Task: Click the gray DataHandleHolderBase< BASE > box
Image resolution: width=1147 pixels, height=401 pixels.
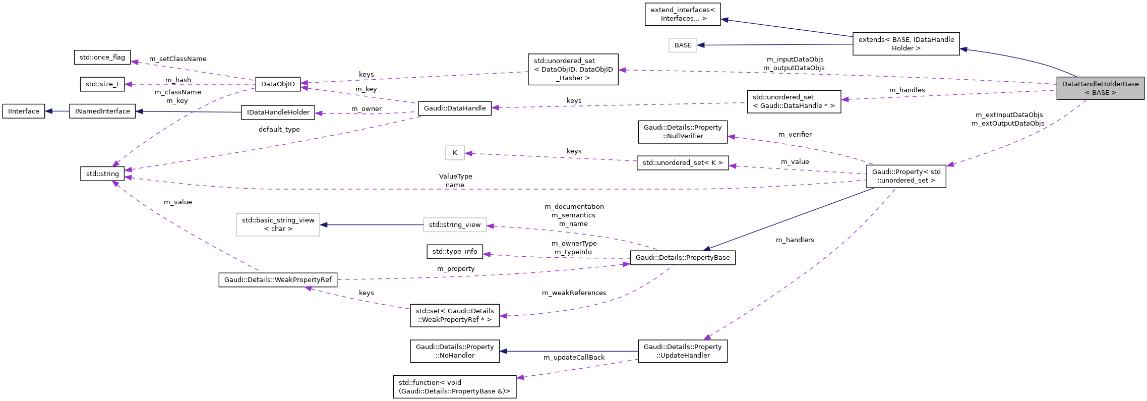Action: click(x=1100, y=88)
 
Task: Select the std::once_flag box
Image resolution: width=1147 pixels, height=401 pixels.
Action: click(x=102, y=58)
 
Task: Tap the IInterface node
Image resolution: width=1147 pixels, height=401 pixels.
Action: click(x=23, y=111)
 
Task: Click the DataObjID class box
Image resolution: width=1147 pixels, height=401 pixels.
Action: click(x=278, y=84)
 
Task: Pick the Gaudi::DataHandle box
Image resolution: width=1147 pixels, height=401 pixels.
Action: click(x=454, y=108)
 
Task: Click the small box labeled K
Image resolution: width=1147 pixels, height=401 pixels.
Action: click(x=454, y=153)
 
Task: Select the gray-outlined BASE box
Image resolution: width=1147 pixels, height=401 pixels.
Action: click(x=683, y=45)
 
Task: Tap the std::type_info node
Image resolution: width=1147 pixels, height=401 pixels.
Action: click(x=454, y=251)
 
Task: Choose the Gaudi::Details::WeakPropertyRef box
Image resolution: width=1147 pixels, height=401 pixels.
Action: click(x=278, y=280)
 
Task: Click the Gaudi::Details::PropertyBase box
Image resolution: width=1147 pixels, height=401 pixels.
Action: click(x=682, y=258)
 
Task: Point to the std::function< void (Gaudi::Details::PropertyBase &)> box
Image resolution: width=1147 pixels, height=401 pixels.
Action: click(x=454, y=387)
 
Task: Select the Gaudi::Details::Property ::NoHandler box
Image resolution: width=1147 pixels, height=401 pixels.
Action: click(x=454, y=351)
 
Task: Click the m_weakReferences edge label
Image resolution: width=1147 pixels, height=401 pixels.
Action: click(x=574, y=293)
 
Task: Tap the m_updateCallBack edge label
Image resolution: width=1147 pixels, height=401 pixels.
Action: click(x=574, y=358)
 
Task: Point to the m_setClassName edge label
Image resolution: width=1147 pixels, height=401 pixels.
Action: click(x=177, y=59)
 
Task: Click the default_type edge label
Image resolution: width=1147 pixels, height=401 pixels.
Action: click(x=279, y=130)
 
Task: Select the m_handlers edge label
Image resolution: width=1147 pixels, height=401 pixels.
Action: click(x=795, y=240)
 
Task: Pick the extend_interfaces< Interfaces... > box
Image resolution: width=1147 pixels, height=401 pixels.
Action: click(x=682, y=14)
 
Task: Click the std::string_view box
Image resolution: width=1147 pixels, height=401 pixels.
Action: click(x=454, y=225)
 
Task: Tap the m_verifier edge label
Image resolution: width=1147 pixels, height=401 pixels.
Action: click(x=795, y=135)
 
